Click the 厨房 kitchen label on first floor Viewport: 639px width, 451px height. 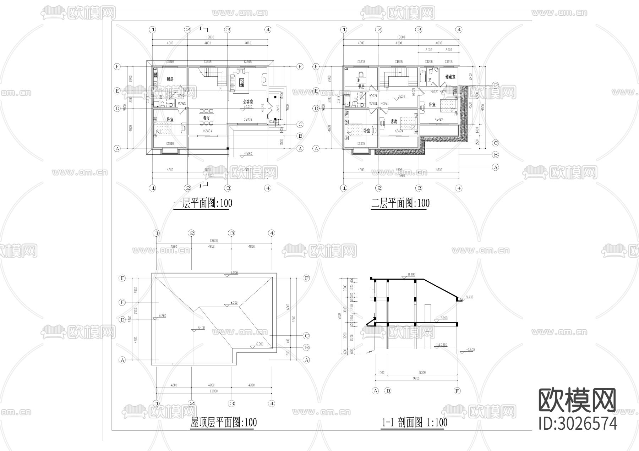[x=170, y=79]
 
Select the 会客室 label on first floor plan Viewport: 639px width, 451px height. [x=247, y=101]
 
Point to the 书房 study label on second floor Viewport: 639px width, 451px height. [x=361, y=86]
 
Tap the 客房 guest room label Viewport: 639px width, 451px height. [x=394, y=121]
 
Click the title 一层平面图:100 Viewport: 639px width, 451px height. [x=203, y=204]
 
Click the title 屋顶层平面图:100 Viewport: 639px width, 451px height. [x=223, y=423]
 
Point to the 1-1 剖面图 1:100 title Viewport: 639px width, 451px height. [x=414, y=423]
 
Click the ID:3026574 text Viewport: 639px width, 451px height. [x=578, y=424]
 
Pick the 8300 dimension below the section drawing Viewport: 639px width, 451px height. [x=422, y=373]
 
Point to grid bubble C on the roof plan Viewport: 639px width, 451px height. [x=307, y=336]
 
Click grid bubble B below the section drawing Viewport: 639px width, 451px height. [x=388, y=391]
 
